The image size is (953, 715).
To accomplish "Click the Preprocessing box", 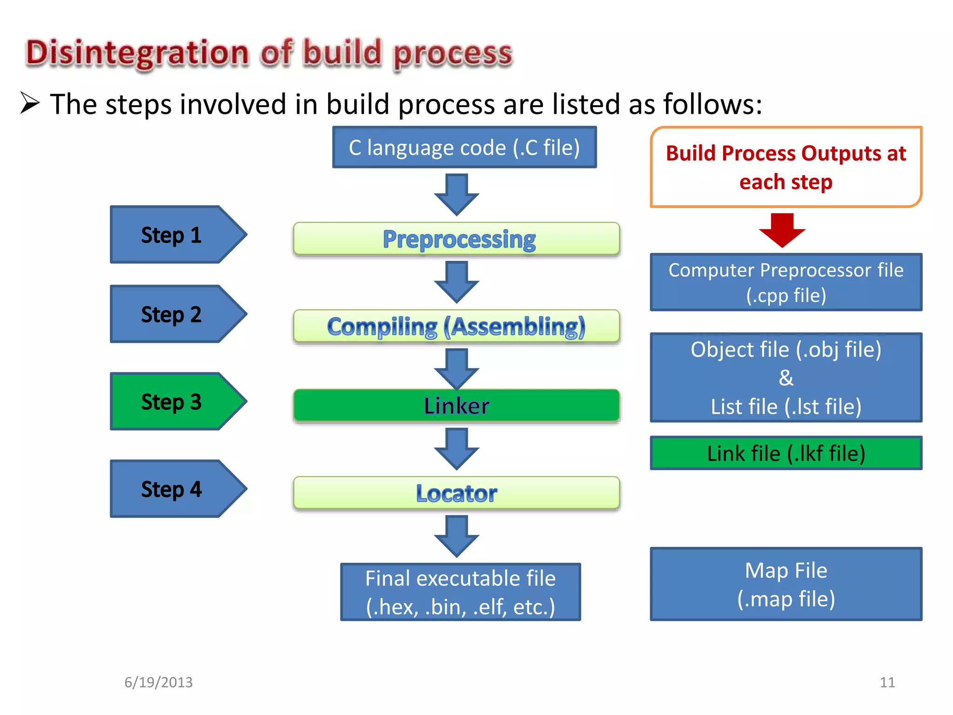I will pos(456,239).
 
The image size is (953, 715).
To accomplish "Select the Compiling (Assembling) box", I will pos(456,326).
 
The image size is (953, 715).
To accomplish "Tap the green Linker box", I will pos(456,405).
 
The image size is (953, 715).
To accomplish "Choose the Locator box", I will pos(456,492).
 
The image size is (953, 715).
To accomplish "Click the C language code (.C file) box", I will pos(464,147).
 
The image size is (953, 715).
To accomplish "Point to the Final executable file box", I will pos(460,592).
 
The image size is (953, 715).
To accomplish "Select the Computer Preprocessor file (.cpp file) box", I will pos(786,282).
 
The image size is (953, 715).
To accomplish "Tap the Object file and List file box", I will pos(786,378).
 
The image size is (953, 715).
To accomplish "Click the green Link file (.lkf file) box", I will pos(786,453).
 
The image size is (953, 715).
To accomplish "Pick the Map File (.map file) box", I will pos(786,584).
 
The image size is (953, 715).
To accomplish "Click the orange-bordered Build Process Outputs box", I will pos(786,167).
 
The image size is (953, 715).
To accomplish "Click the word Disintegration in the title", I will pos(137,53).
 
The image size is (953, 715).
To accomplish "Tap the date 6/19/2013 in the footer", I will pos(158,682).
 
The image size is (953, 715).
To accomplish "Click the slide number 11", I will pos(887,682).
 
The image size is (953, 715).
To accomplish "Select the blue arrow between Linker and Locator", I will pos(456,448).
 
